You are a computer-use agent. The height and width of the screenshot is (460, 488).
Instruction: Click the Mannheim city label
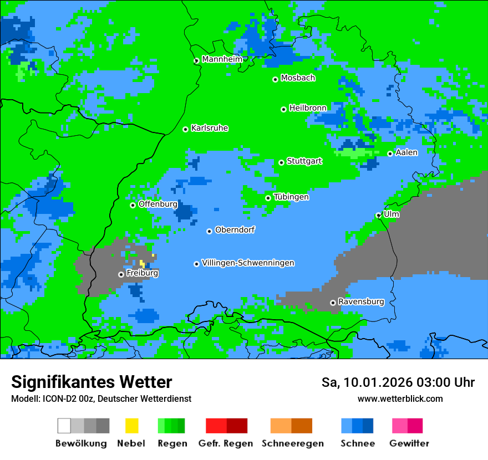(x=222, y=59)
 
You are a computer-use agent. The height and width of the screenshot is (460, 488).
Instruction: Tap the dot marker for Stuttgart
(x=282, y=162)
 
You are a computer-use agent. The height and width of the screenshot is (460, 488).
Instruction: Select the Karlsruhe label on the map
(x=210, y=128)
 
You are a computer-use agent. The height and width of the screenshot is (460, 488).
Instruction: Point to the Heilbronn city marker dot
(x=284, y=109)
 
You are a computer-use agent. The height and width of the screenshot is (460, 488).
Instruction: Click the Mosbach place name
(x=298, y=78)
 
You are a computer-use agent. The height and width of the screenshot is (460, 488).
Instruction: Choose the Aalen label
(x=406, y=152)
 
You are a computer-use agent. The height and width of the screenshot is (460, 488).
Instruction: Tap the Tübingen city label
(x=291, y=197)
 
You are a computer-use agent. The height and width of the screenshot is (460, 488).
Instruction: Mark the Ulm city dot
(x=379, y=215)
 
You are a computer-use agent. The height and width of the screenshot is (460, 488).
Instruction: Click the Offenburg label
(x=158, y=204)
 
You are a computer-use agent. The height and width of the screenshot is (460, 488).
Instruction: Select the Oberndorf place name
(x=235, y=229)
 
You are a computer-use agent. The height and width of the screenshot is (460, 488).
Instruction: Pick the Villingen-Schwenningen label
(x=248, y=263)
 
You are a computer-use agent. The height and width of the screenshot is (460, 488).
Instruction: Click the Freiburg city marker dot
(x=121, y=274)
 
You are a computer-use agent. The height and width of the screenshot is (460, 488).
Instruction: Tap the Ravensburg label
(x=361, y=301)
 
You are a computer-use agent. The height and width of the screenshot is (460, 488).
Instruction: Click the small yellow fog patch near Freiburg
(x=143, y=264)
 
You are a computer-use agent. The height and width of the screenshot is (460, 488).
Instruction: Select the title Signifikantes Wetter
(x=91, y=382)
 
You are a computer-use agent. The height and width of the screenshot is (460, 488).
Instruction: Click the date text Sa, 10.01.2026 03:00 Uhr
(x=398, y=382)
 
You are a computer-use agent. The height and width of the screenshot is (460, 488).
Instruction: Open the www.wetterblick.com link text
(x=400, y=398)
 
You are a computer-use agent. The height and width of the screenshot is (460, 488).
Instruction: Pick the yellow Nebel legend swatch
(x=132, y=426)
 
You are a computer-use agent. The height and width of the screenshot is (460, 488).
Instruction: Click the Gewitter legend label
(x=409, y=443)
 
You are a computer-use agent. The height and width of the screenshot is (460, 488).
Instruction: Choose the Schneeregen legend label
(x=293, y=443)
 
